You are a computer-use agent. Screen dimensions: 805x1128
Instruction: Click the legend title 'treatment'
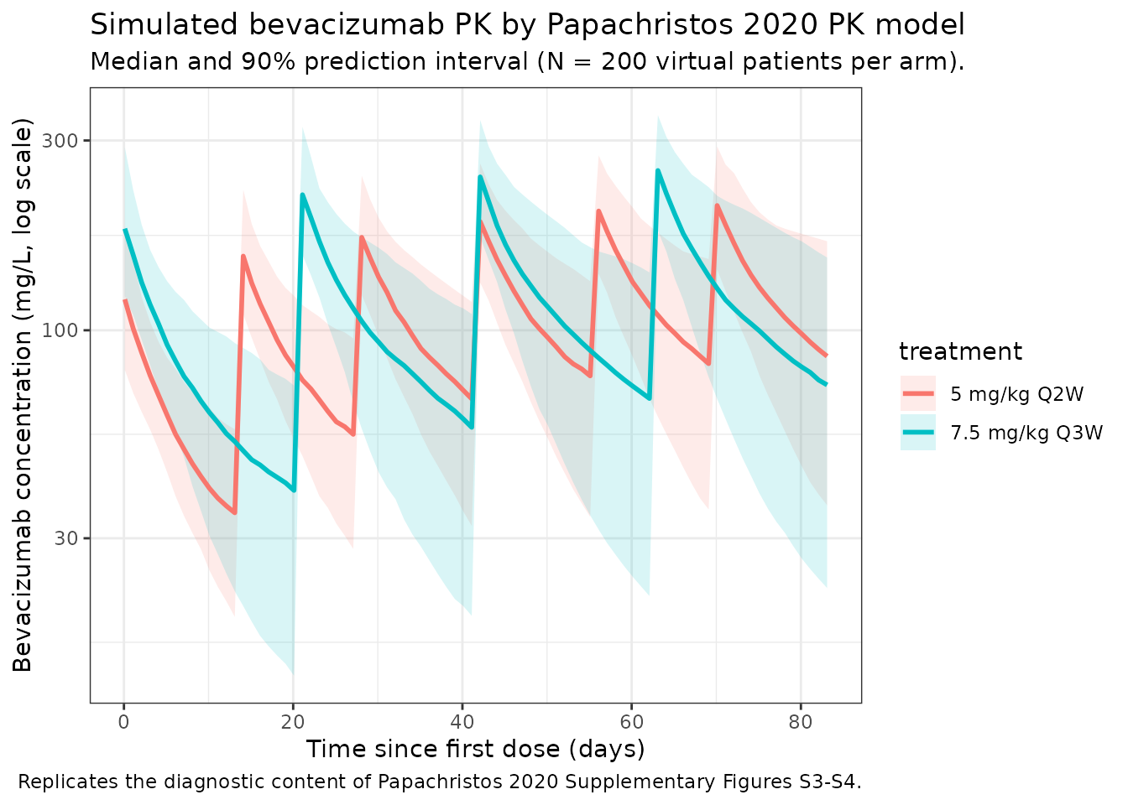coord(960,351)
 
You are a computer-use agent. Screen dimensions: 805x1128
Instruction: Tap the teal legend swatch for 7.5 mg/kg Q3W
coord(918,433)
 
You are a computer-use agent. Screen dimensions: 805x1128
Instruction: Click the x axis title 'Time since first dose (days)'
coord(475,749)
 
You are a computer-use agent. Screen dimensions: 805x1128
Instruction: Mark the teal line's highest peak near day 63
coord(658,170)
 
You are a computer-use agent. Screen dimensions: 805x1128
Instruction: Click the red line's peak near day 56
coord(598,210)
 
